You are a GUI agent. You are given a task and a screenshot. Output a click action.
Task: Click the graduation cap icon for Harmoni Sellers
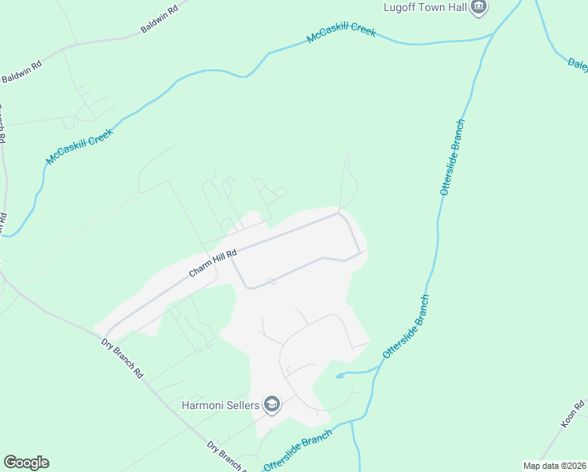(x=272, y=404)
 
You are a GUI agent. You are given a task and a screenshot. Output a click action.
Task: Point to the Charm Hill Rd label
(x=213, y=263)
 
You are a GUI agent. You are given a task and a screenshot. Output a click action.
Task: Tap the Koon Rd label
(x=572, y=416)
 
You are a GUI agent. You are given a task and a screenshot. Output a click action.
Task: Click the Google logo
(x=26, y=463)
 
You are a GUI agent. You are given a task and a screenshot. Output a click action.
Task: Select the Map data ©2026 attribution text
(x=554, y=466)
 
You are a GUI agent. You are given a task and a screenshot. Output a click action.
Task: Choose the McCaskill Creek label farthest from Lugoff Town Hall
(x=79, y=146)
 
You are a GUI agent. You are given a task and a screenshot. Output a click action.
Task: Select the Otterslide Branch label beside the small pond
(x=406, y=327)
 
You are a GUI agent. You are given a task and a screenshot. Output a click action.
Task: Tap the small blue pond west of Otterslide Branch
(x=340, y=375)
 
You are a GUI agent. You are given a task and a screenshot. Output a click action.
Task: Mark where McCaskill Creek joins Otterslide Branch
(x=493, y=34)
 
